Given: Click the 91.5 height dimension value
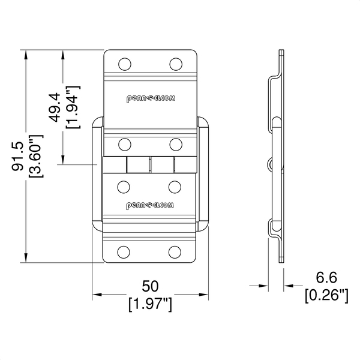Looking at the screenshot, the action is click(17, 157).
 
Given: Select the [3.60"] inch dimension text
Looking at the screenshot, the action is click(35, 157).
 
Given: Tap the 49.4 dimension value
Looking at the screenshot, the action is click(55, 107).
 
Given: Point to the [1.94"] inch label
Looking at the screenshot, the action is click(73, 107).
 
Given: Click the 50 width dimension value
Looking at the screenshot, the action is click(150, 286).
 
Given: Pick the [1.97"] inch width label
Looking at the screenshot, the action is click(150, 304).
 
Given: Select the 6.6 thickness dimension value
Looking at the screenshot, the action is click(326, 277).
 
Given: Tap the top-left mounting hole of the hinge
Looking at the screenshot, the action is click(125, 64).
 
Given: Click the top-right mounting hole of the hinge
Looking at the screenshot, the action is click(176, 64).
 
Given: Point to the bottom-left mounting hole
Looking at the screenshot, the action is click(124, 252).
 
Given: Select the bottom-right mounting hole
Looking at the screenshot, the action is click(175, 252).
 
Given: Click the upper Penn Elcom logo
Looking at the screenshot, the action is click(151, 98).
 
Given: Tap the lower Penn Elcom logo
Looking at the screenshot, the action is click(150, 205).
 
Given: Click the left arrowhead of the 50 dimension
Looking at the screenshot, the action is click(97, 295).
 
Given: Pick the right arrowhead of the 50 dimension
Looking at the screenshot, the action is click(203, 295).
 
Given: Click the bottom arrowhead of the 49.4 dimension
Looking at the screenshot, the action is click(63, 160).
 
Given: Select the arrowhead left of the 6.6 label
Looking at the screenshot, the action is click(263, 286).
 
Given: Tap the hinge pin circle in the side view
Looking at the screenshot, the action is click(272, 164).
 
